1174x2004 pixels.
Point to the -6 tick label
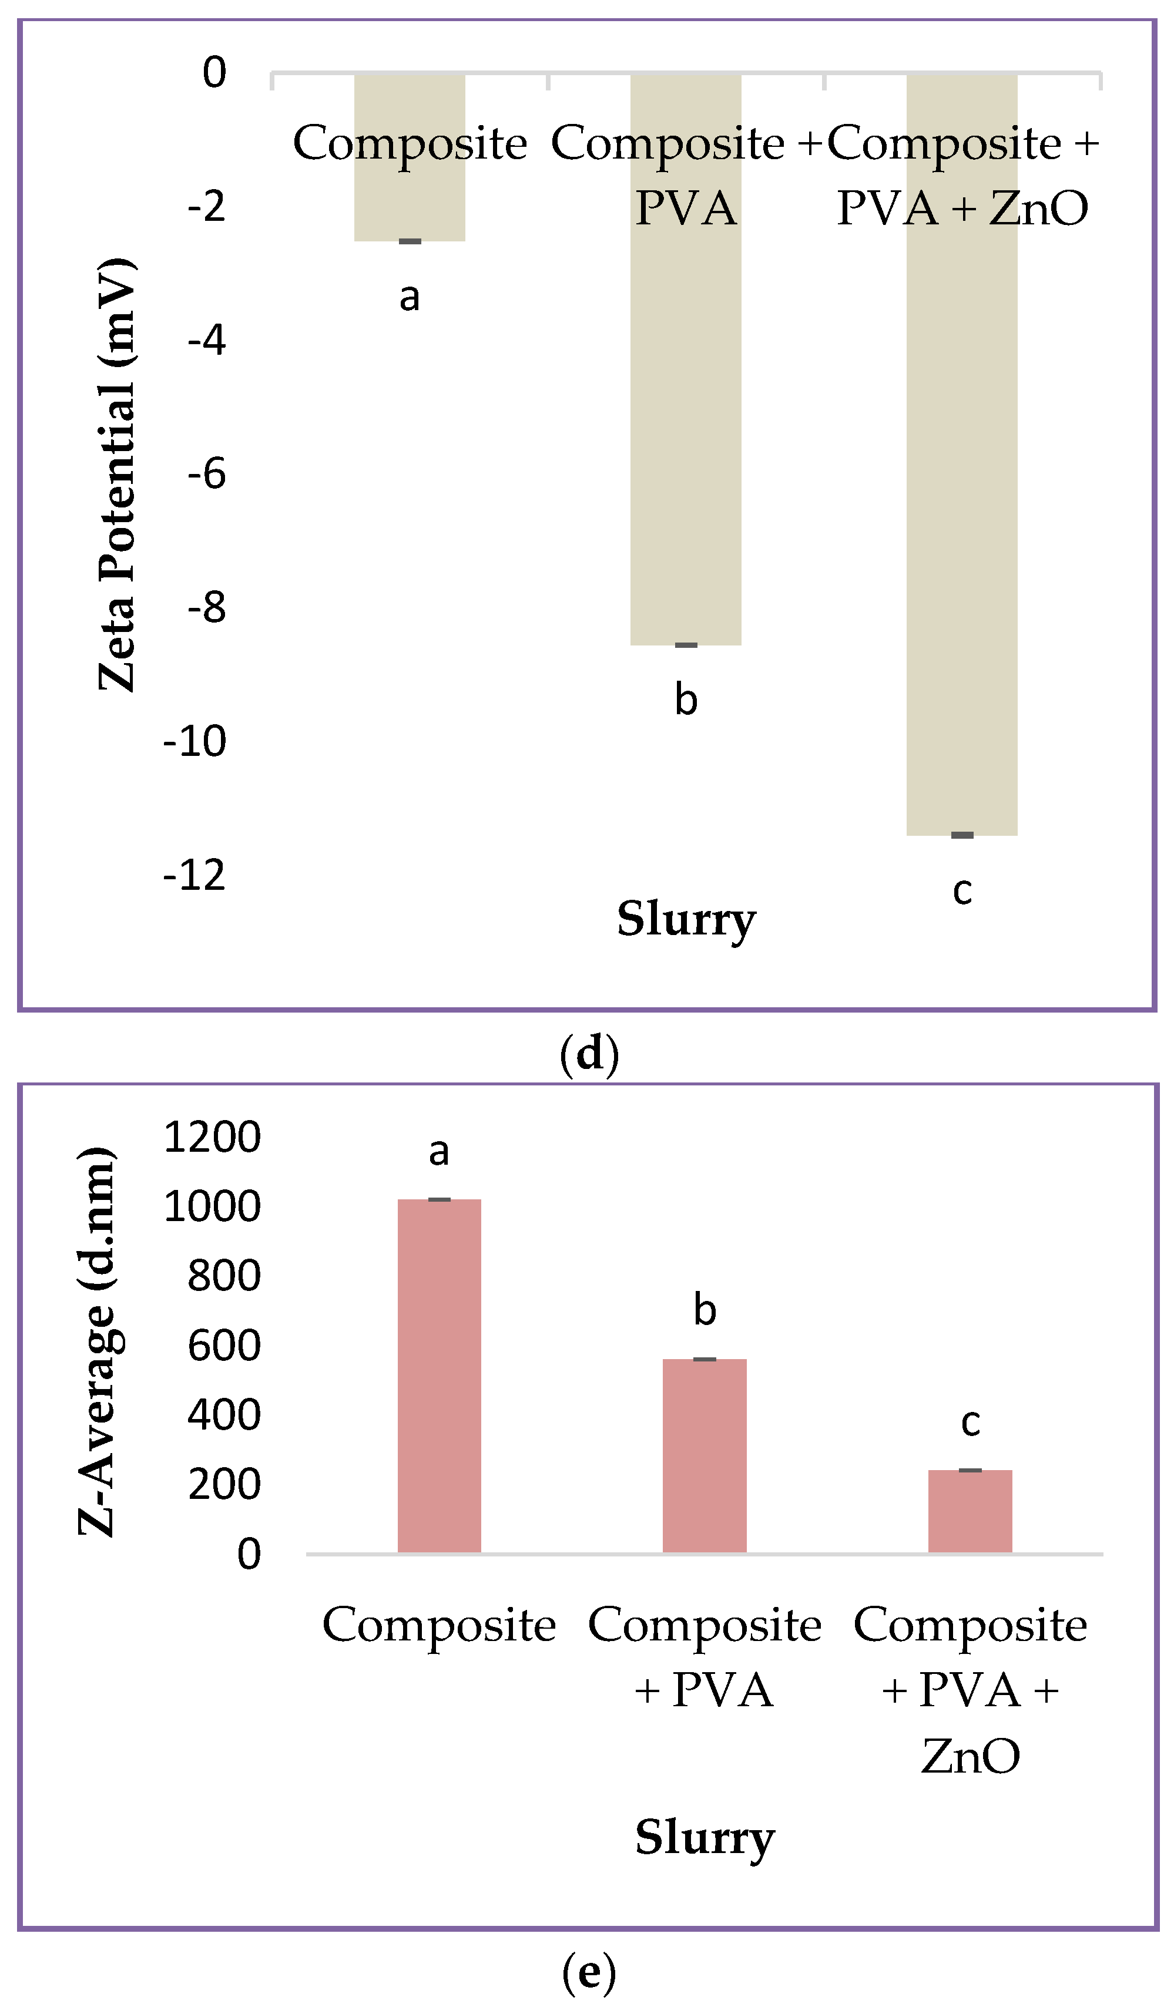click(207, 474)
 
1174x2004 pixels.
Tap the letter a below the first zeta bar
click(409, 297)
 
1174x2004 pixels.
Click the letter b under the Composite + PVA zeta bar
click(686, 700)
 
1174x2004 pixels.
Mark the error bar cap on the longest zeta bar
click(962, 835)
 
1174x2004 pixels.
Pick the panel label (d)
click(589, 1054)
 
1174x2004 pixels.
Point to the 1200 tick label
click(212, 1137)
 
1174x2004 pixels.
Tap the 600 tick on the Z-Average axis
click(223, 1346)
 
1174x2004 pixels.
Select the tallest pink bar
click(439, 1376)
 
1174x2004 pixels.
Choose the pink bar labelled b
click(704, 1455)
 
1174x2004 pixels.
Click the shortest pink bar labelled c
click(970, 1511)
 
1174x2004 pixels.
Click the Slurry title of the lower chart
click(704, 1837)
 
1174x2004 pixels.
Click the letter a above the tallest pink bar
click(439, 1152)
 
